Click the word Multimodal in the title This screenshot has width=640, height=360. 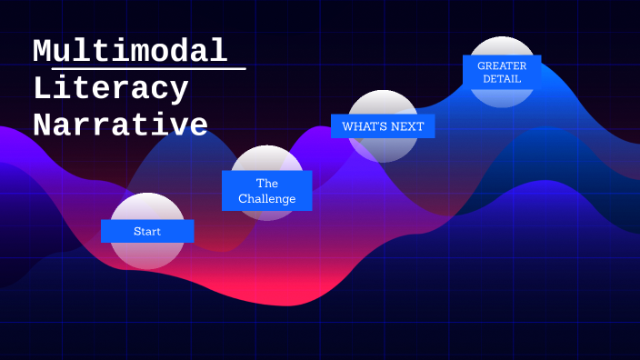tap(130, 51)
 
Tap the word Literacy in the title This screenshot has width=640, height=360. tap(111, 88)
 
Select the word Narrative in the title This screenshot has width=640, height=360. tap(121, 125)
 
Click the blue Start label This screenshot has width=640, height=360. tap(147, 231)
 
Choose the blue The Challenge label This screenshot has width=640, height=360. tap(266, 191)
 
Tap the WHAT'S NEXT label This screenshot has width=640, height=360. tap(383, 126)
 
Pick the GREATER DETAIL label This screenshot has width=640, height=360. tap(502, 72)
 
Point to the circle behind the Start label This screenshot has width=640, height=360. tap(147, 255)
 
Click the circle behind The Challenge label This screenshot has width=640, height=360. tap(266, 156)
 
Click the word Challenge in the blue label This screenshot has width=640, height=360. tap(266, 199)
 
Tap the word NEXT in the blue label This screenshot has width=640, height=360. tap(407, 126)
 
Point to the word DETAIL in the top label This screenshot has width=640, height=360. tap(502, 79)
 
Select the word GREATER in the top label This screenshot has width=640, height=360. tap(502, 65)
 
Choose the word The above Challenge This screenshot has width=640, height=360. tap(266, 183)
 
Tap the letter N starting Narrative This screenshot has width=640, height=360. tap(41, 125)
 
